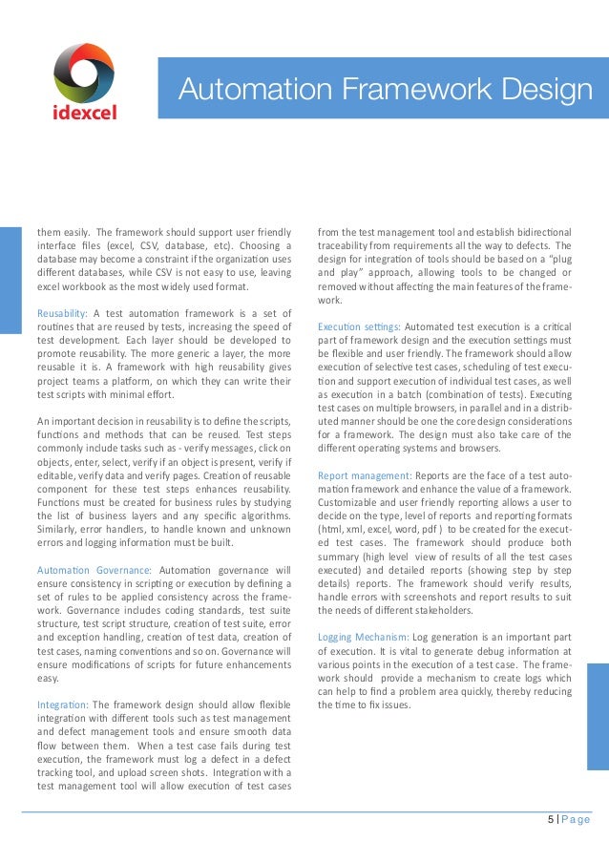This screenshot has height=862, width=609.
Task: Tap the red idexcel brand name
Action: coord(84,114)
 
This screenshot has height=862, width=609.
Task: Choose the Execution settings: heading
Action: coord(359,326)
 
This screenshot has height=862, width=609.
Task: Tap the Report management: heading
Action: coord(364,474)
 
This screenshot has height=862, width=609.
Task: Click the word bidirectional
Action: coord(539,232)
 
